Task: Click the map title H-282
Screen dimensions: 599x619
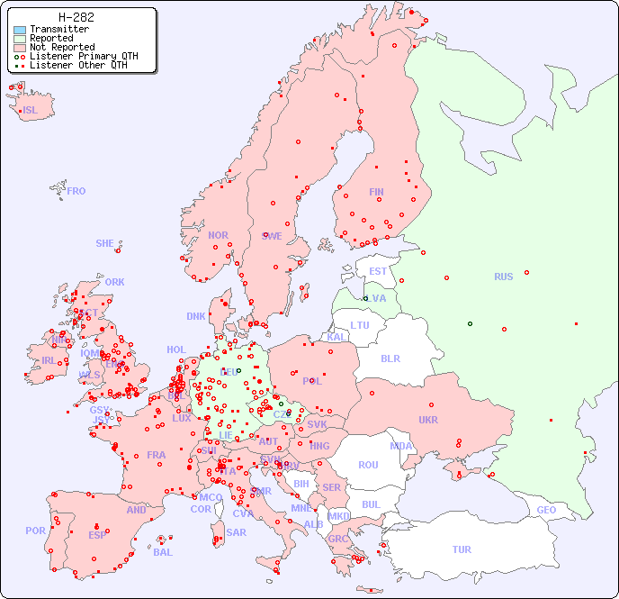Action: click(x=76, y=17)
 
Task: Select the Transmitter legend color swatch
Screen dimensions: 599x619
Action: click(x=20, y=30)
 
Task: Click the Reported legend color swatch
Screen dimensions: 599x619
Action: click(x=20, y=39)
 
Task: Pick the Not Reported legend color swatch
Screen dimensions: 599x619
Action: click(x=20, y=48)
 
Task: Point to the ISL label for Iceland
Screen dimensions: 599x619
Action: click(x=30, y=111)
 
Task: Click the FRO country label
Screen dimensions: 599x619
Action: click(x=76, y=191)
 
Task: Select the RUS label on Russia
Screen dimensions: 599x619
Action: click(x=503, y=277)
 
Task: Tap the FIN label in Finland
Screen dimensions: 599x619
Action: click(x=376, y=192)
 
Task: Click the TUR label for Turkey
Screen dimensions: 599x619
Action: click(x=462, y=549)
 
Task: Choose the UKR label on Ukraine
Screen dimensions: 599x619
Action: click(x=428, y=420)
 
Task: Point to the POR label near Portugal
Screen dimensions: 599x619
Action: click(x=35, y=531)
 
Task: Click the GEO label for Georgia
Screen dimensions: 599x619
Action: click(x=546, y=510)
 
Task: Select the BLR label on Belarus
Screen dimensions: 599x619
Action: click(x=390, y=358)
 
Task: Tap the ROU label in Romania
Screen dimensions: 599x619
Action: click(x=368, y=465)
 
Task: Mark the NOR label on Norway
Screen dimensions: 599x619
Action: click(x=218, y=235)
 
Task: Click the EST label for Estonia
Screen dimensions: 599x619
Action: click(x=378, y=271)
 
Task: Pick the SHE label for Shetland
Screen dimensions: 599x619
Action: click(x=105, y=243)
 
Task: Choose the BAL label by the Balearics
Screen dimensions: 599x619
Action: click(x=163, y=552)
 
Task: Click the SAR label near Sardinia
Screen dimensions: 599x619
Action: click(x=236, y=532)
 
